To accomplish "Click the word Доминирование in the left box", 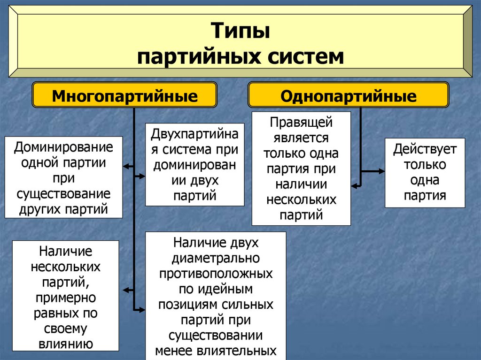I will (63, 147).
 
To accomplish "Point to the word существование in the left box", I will (63, 193).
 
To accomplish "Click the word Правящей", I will (301, 123).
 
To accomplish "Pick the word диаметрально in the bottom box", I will (216, 258).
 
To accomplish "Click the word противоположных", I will (216, 274).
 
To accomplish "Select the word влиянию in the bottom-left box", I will (66, 344).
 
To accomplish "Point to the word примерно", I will (65, 298).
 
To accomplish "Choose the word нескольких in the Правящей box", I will (301, 200).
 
